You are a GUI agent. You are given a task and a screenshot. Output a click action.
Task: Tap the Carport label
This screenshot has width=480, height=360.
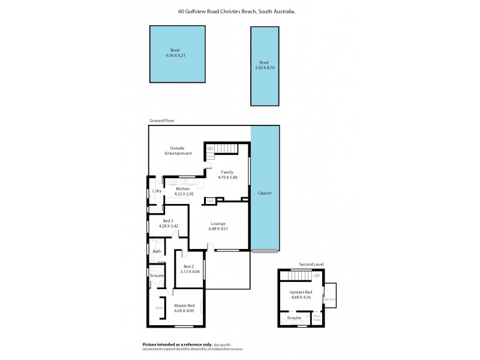264,193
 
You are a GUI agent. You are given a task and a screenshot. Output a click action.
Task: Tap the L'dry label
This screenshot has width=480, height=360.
157,191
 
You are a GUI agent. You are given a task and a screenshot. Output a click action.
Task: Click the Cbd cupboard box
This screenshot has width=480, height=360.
211,200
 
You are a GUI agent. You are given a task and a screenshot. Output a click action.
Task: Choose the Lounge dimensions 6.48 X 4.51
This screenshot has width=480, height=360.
218,229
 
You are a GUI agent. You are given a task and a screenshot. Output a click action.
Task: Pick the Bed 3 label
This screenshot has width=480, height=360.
166,221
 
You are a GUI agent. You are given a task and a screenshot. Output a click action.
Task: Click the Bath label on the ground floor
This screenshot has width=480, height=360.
157,251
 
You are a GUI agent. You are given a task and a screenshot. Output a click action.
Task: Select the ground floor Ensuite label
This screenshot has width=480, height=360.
157,275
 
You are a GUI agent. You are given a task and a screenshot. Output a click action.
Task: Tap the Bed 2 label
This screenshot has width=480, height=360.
188,266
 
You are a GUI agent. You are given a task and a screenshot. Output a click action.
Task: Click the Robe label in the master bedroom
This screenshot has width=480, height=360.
159,308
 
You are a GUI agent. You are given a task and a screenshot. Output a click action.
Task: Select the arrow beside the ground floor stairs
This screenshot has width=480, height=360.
211,148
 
